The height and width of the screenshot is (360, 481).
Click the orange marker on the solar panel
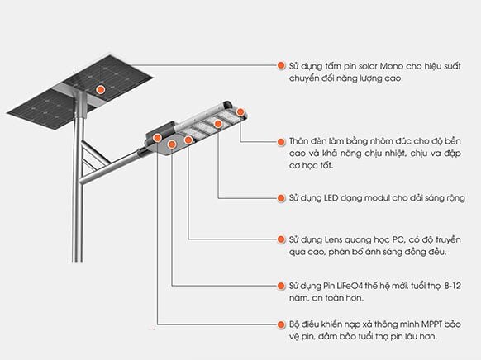point(100,88)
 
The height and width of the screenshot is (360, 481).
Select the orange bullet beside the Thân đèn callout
point(281,141)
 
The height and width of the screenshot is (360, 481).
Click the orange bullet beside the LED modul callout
point(281,198)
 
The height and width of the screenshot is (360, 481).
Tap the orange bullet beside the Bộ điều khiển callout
point(281,324)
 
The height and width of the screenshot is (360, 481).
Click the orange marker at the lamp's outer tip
point(240,111)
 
